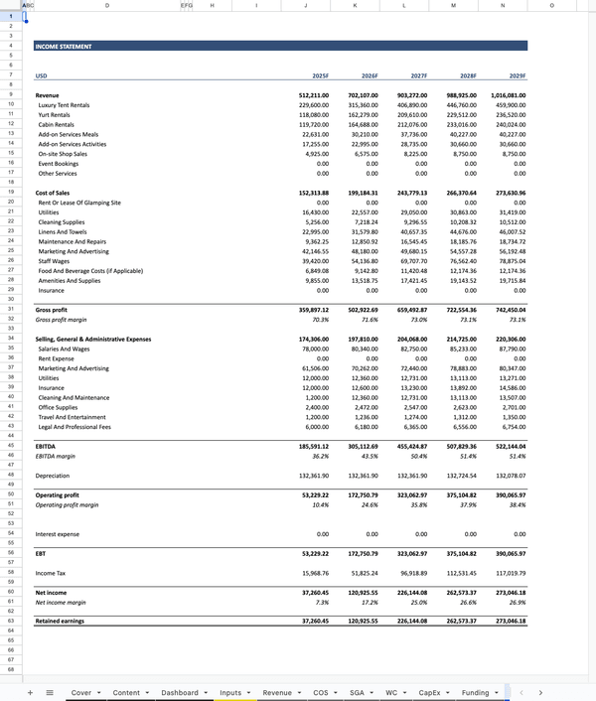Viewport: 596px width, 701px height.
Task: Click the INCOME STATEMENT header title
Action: coord(64,47)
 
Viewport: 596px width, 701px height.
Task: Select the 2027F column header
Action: coord(418,75)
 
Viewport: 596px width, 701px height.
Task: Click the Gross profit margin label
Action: coord(62,320)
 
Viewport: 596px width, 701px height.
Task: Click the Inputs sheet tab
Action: coord(230,692)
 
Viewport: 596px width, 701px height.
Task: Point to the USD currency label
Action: coord(41,75)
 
